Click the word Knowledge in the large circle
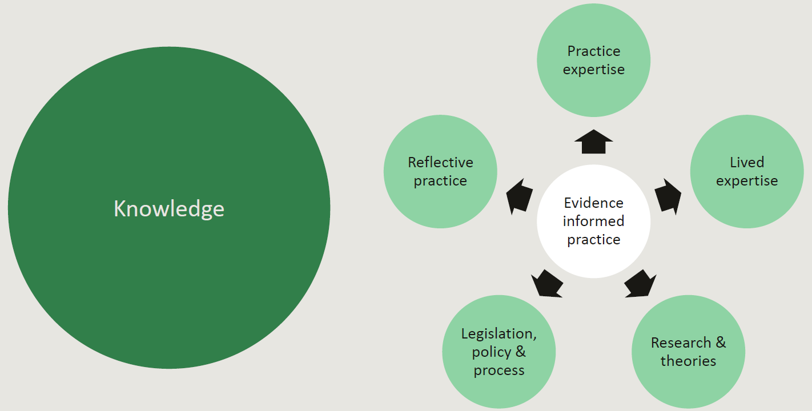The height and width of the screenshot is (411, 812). coord(169,208)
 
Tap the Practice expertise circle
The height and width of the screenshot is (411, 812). coord(593,60)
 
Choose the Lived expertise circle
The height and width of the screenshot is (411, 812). coord(747,171)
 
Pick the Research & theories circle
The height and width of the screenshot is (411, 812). coord(688,352)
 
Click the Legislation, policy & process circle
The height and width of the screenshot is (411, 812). coord(499,352)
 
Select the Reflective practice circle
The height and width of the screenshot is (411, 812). coord(440,171)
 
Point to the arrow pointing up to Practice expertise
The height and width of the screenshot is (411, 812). coord(593,142)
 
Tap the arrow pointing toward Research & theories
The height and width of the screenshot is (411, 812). coord(640,284)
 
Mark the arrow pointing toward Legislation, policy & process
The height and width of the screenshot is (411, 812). coord(546,284)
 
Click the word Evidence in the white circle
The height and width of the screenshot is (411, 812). coord(593,203)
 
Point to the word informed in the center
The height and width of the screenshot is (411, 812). coord(593,221)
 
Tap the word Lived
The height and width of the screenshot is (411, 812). coord(747,162)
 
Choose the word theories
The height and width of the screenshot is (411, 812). coord(688,361)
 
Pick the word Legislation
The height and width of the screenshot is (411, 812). coord(499,333)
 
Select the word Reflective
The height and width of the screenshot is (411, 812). coord(440,162)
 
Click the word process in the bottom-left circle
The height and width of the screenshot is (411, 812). coord(499,370)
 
